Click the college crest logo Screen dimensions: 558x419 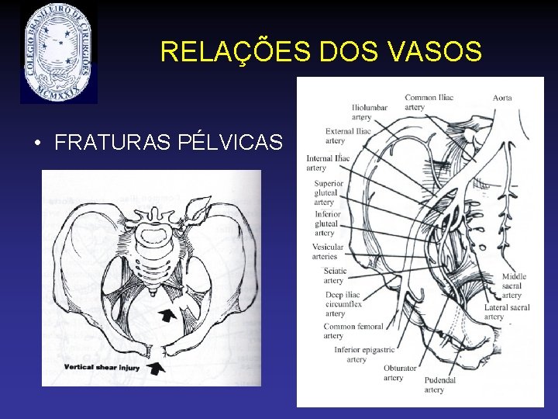59,53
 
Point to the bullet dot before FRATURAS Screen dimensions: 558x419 36,144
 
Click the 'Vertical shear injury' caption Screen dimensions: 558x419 102,367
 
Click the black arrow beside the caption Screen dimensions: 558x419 157,368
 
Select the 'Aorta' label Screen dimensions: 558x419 502,98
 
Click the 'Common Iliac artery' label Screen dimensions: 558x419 429,102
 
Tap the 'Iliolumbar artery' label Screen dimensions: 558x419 370,112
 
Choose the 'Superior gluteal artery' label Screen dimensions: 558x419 329,193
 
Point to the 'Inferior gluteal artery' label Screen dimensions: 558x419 328,223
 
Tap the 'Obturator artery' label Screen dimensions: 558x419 400,372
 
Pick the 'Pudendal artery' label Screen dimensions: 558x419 440,385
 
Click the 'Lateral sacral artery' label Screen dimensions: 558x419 507,312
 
